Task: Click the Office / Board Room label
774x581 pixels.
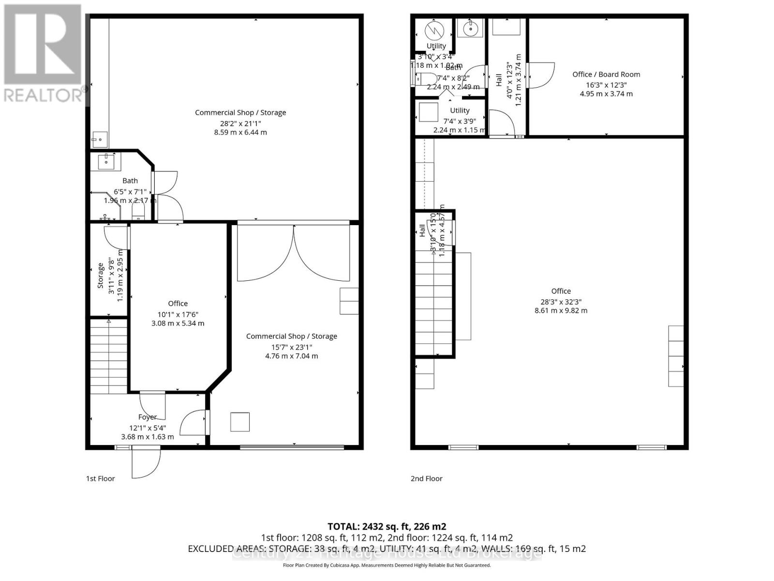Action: pos(606,74)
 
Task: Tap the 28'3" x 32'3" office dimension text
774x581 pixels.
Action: pos(561,301)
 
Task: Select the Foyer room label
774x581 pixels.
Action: pos(148,417)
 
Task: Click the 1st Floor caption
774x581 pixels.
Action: pos(101,478)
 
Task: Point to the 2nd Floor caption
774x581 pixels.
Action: pos(426,478)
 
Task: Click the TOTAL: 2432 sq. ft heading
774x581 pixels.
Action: pos(387,526)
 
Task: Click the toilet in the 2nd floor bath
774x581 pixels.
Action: pos(425,79)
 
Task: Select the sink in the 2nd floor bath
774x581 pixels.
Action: pos(470,29)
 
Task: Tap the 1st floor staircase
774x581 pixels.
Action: pos(108,356)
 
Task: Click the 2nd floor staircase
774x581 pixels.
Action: pos(434,300)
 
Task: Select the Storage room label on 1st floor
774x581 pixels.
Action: pos(101,275)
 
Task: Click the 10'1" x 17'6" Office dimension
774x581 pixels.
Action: pos(178,314)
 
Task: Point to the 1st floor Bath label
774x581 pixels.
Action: pos(130,181)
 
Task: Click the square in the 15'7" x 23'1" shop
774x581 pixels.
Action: pos(239,421)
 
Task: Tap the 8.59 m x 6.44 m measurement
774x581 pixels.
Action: pos(240,132)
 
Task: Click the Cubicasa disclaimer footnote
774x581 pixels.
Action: pos(387,565)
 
